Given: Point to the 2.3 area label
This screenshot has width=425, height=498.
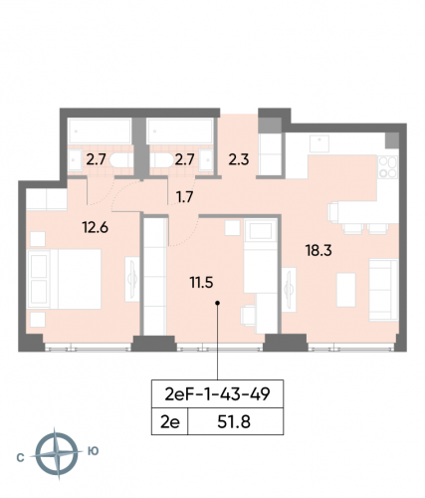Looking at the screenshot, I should (x=240, y=155).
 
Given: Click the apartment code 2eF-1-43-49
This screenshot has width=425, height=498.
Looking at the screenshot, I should (x=218, y=394).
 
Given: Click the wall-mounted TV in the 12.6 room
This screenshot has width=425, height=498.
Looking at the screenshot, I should (x=132, y=276).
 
